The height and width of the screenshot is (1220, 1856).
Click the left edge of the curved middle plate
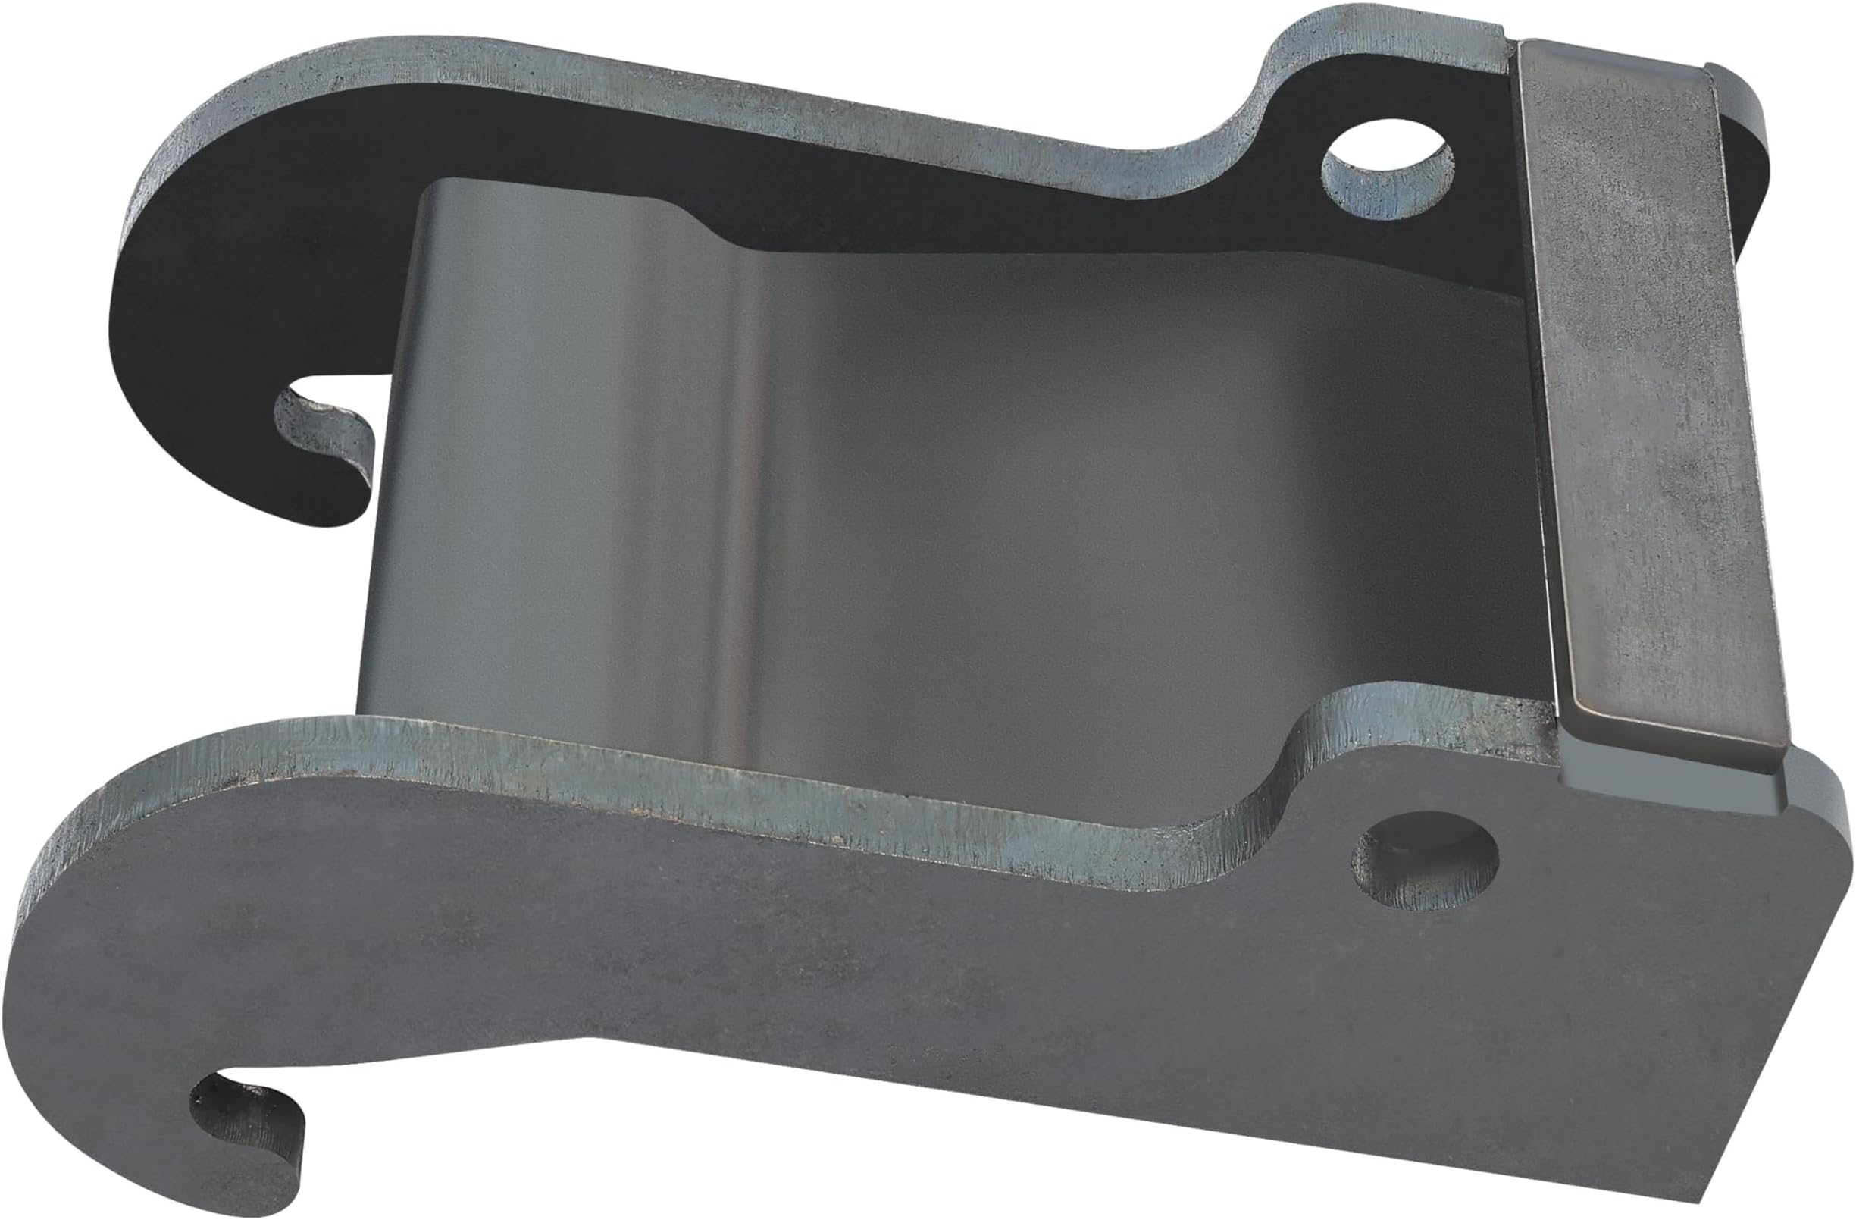(x=390, y=468)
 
